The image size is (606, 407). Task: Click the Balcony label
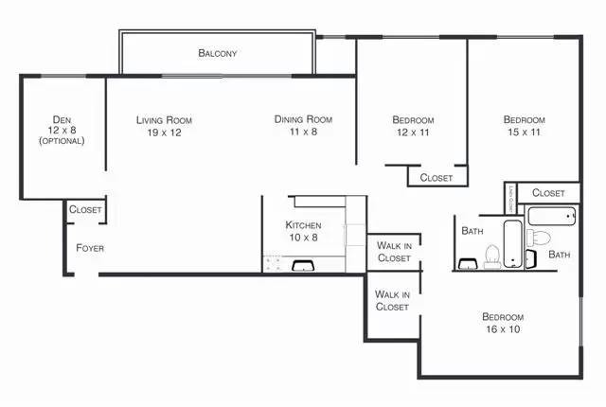217,54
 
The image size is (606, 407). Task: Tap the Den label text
62,120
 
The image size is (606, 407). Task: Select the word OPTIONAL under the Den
62,141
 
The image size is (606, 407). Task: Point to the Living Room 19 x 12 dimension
164,133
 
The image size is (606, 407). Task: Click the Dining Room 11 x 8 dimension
303,132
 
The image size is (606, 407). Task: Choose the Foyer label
90,248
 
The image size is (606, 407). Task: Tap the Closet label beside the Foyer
85,210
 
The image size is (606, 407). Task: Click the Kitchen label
303,225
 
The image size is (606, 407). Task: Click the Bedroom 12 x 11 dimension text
413,133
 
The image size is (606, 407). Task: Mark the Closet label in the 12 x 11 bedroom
437,177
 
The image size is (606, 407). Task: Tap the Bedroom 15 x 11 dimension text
524,133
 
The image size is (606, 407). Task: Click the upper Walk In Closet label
394,252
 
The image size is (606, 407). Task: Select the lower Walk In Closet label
392,301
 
